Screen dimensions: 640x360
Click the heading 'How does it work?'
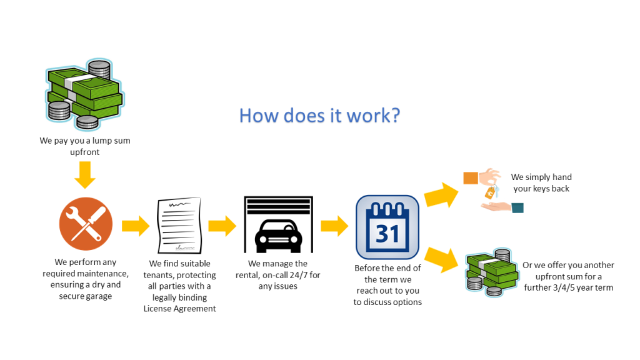point(319,116)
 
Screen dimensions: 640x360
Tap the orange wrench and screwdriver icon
point(86,224)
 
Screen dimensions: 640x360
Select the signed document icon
point(179,225)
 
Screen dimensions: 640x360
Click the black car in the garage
point(278,236)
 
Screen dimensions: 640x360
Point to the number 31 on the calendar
point(387,234)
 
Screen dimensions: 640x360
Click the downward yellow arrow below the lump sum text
point(85,175)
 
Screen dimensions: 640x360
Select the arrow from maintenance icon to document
point(136,226)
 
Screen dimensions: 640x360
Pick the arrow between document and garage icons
point(222,226)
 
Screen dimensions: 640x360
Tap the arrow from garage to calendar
point(334,226)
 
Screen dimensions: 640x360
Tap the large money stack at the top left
point(85,94)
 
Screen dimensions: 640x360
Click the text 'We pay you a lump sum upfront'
point(85,146)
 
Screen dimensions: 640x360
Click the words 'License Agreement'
point(179,309)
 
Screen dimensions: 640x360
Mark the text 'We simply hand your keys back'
point(541,183)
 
